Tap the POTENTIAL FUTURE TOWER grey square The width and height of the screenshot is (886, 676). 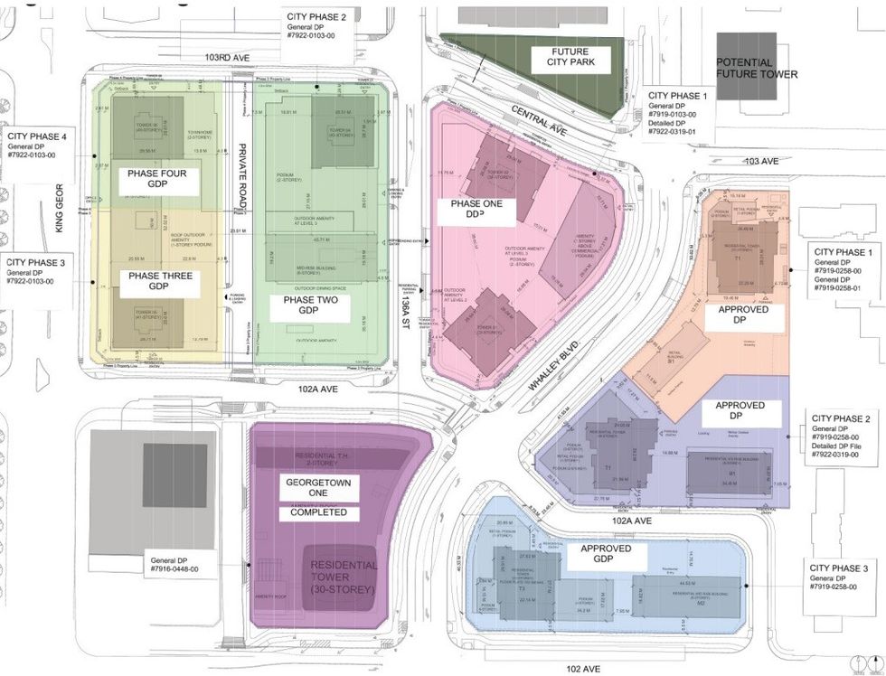point(746,60)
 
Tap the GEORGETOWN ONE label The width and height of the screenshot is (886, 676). point(318,489)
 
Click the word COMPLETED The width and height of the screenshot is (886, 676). point(318,512)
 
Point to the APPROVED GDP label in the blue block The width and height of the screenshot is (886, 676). point(605,555)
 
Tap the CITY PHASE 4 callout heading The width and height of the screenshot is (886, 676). point(38,136)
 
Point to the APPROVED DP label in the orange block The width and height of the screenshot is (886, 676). point(743,315)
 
